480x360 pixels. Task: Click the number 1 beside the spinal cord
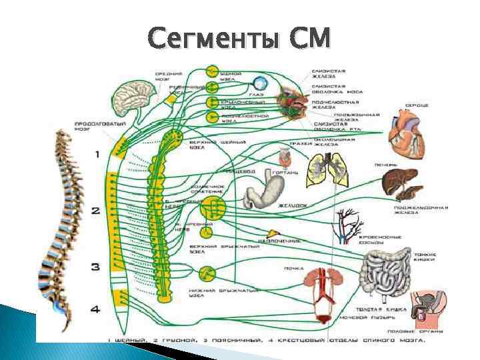coord(97,154)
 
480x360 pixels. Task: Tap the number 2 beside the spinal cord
coord(96,211)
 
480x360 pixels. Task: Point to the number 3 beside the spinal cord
coord(95,267)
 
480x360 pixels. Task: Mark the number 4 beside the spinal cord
coord(95,309)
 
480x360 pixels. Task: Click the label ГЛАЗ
coord(256,95)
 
